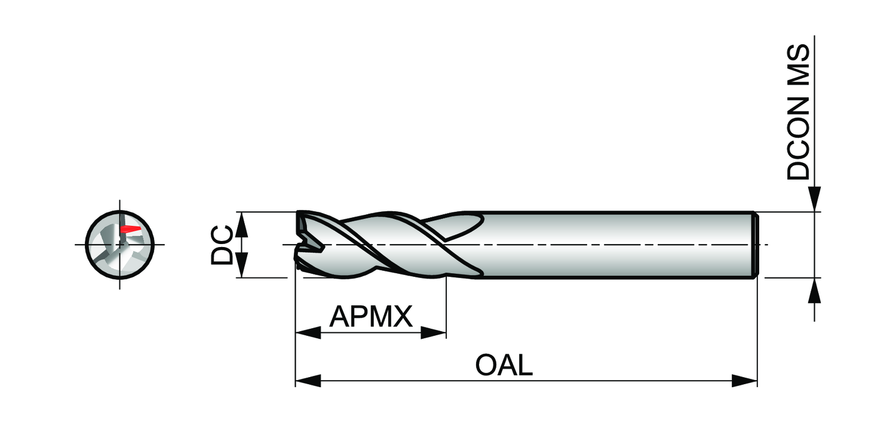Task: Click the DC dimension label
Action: point(222,245)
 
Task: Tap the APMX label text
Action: point(371,316)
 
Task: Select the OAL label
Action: point(504,365)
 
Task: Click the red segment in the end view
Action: point(130,229)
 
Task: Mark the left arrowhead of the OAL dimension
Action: point(308,381)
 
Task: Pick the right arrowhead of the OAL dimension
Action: point(745,381)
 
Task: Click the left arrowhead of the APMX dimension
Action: point(308,333)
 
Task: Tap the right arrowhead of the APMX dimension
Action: point(434,333)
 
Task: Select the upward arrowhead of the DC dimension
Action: point(241,224)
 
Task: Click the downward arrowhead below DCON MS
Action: point(815,199)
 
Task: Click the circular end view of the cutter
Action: point(120,245)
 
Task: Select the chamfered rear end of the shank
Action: point(754,245)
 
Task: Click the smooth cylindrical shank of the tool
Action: point(615,245)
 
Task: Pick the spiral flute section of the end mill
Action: point(388,245)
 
